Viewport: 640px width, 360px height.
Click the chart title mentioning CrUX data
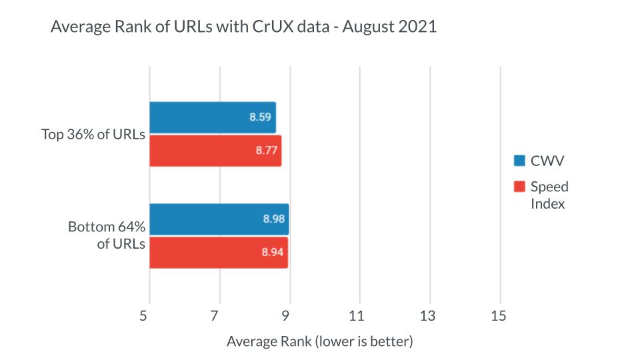tap(243, 27)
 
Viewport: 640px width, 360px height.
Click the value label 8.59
tap(261, 117)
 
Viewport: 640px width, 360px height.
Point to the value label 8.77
tap(267, 151)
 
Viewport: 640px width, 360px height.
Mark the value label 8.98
tap(274, 219)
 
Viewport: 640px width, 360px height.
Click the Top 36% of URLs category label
tap(93, 134)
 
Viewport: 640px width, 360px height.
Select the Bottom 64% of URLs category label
tap(107, 235)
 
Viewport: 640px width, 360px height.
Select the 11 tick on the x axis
tap(359, 316)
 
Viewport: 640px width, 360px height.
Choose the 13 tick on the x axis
tap(429, 316)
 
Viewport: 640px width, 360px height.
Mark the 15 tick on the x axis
tap(499, 316)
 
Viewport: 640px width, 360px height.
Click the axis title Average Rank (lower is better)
tap(320, 342)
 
